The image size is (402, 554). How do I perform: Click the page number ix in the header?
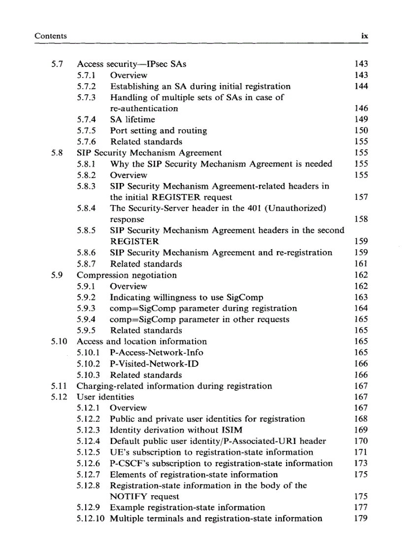365,36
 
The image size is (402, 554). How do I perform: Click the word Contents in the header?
51,36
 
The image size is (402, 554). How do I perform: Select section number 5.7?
57,64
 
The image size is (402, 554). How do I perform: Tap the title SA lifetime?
132,119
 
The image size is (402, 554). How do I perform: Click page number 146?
361,109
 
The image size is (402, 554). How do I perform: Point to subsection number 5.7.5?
86,131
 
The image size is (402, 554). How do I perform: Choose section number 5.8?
57,153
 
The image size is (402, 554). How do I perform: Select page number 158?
361,219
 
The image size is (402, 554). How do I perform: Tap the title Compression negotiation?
127,275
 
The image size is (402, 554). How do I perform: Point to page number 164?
361,308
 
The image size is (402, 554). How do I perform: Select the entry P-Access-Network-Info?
156,352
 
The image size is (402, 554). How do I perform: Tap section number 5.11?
59,386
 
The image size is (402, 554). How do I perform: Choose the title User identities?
105,397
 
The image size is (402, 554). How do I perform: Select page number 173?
361,463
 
